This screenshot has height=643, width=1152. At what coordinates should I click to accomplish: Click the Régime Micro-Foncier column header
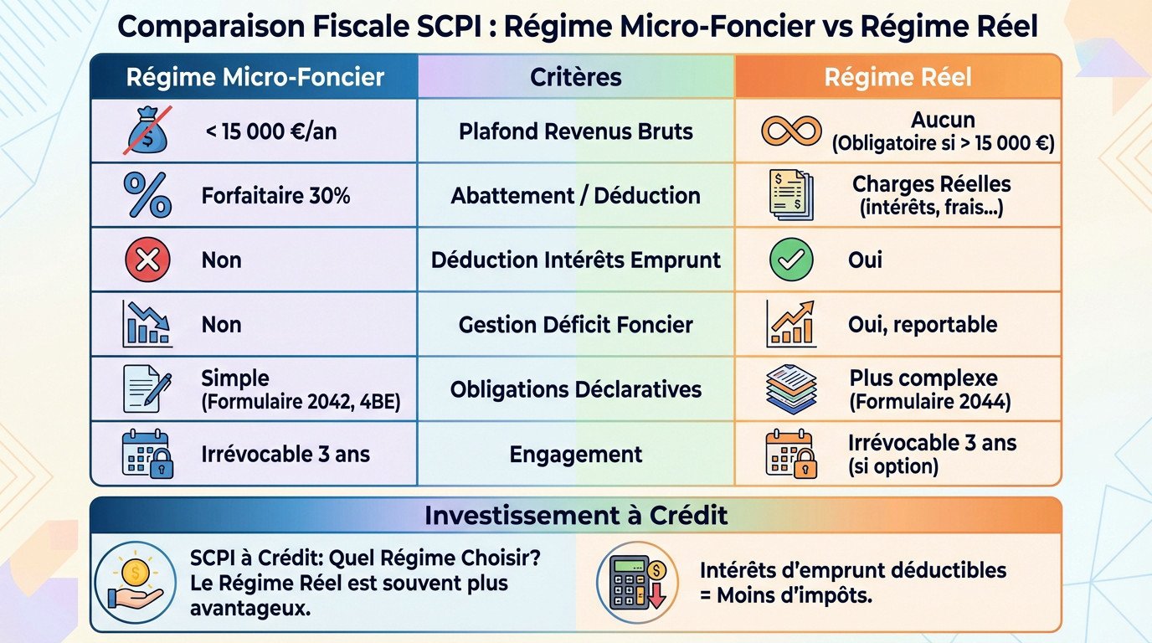[x=255, y=78]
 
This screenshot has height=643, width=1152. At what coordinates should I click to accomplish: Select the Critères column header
[x=575, y=78]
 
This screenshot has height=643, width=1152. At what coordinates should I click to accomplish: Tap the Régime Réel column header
[x=897, y=78]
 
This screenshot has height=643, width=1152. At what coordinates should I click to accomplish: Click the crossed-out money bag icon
[x=147, y=131]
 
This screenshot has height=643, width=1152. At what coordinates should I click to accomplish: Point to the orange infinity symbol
[x=791, y=131]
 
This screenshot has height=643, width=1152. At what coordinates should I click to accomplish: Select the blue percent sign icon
[x=147, y=195]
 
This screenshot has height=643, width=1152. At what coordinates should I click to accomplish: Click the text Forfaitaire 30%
[x=275, y=196]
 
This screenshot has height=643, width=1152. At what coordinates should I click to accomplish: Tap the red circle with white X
[x=147, y=260]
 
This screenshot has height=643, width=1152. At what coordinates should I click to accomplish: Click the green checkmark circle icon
[x=791, y=260]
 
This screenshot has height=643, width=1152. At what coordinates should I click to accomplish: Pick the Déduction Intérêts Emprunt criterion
[x=575, y=260]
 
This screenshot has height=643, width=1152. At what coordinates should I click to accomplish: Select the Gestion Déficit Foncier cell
[x=575, y=325]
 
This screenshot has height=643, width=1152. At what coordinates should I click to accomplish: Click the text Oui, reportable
[x=922, y=325]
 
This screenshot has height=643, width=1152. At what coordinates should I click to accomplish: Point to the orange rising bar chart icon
[x=791, y=325]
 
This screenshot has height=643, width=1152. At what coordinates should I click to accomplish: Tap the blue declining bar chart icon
[x=147, y=325]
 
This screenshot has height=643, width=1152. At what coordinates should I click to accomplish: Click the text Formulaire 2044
[x=929, y=402]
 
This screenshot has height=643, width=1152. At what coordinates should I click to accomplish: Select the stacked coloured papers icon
[x=791, y=389]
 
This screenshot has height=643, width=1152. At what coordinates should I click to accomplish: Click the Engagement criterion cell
[x=575, y=455]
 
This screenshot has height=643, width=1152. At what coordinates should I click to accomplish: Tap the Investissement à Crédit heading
[x=575, y=515]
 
